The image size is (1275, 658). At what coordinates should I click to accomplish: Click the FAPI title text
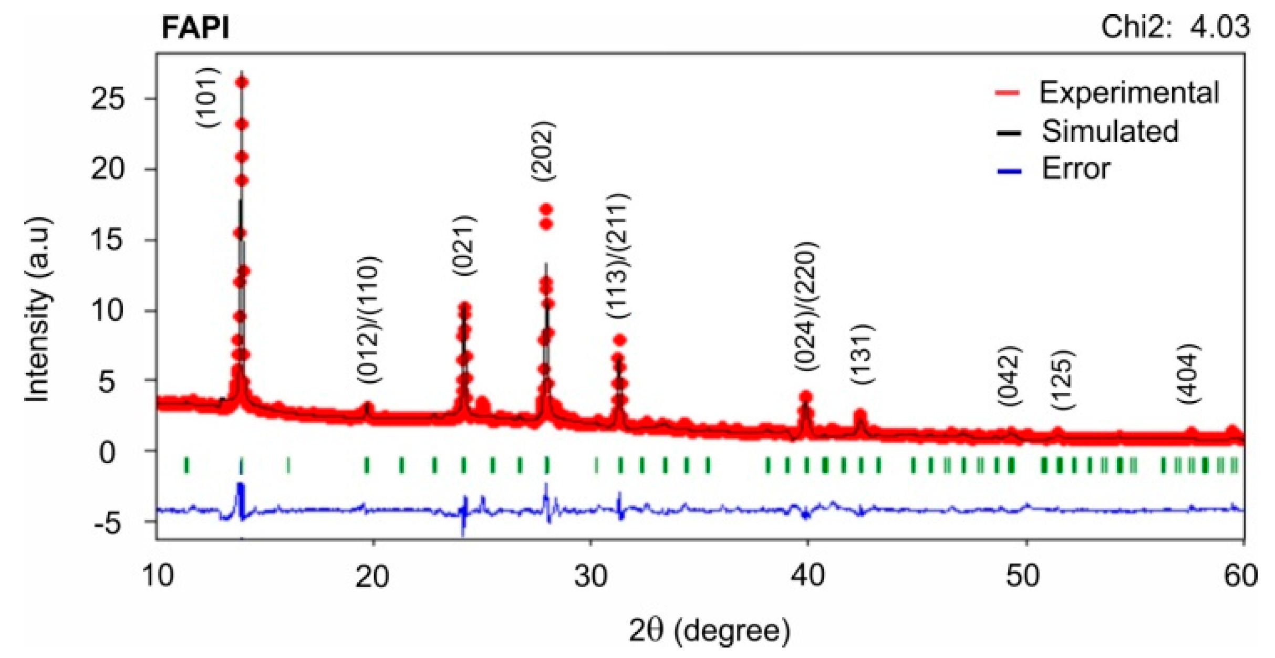pos(195,27)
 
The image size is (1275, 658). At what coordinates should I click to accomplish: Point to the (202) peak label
pos(542,151)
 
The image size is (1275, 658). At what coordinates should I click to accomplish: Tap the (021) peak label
pos(464,245)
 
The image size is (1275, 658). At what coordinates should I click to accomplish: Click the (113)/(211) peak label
pos(618,256)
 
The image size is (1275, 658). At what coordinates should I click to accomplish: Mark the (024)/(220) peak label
pos(806,307)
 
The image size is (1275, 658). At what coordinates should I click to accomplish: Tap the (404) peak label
pos(1188,373)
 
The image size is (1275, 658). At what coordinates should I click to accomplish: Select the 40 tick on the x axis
pos(807,576)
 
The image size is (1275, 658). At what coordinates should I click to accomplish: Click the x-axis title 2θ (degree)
pos(709,630)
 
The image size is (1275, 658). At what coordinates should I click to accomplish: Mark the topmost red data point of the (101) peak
pos(242,82)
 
